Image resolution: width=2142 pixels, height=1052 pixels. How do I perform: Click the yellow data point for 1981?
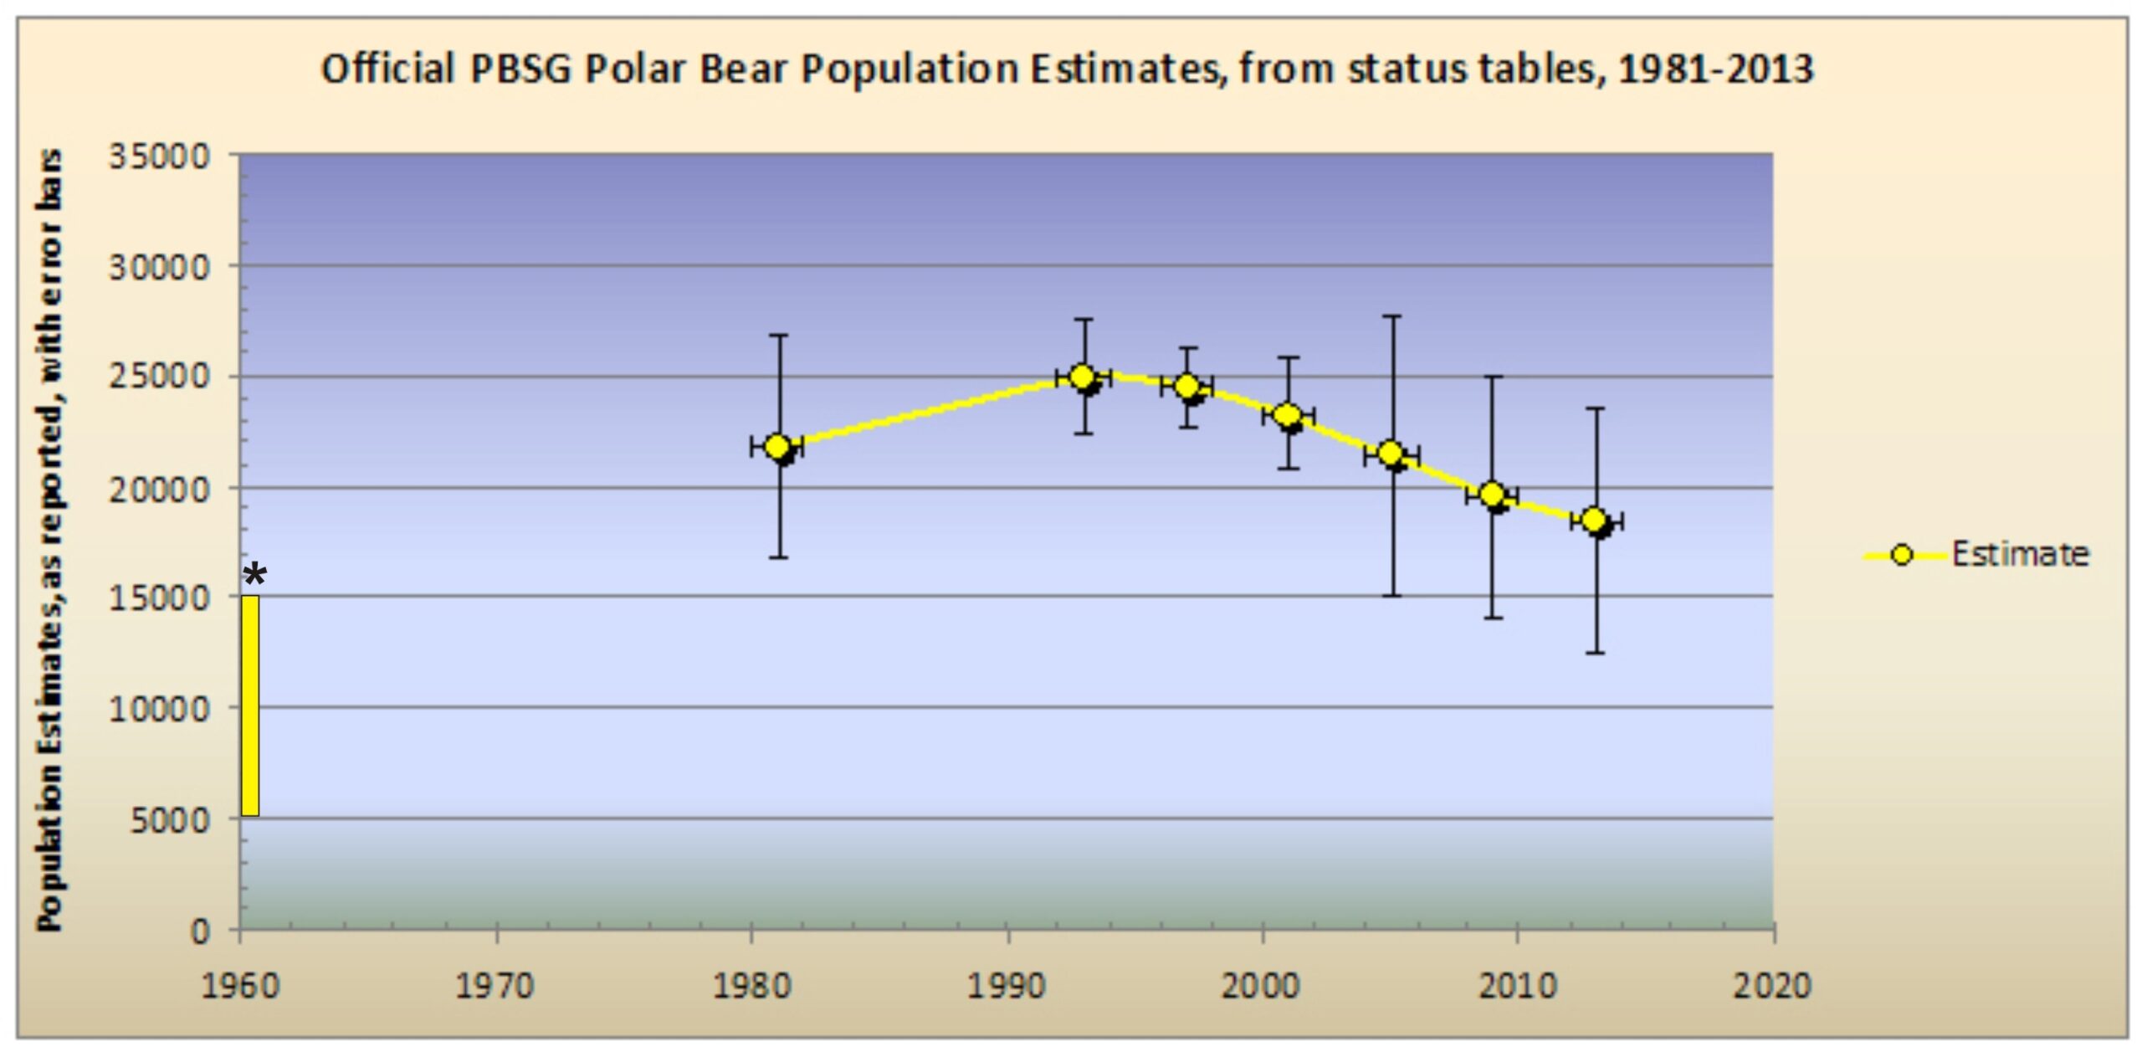coord(777,446)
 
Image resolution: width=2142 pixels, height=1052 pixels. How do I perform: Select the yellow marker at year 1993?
coord(1082,377)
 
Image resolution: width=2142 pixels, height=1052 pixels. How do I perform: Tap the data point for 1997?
coord(1186,386)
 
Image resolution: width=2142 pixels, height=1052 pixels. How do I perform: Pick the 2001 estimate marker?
coord(1288,415)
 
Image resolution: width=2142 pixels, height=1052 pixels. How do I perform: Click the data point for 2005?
coord(1391,453)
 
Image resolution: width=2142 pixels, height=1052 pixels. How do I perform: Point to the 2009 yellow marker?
coord(1492,494)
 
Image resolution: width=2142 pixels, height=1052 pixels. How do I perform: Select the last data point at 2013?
coord(1594,520)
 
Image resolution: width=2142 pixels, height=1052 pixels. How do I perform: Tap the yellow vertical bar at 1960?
coord(250,706)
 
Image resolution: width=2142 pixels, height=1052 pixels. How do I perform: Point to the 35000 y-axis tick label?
coord(159,157)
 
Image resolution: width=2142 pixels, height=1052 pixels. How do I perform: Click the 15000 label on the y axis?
coord(159,598)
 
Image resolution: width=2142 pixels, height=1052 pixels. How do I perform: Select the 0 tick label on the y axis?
coord(199,931)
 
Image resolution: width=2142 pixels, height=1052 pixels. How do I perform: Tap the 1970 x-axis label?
coord(495,985)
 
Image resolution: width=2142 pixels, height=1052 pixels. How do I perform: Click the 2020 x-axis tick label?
coord(1771,985)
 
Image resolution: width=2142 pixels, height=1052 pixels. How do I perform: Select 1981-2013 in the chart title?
coord(1715,69)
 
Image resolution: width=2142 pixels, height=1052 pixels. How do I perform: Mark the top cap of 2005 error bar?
coord(1392,316)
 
